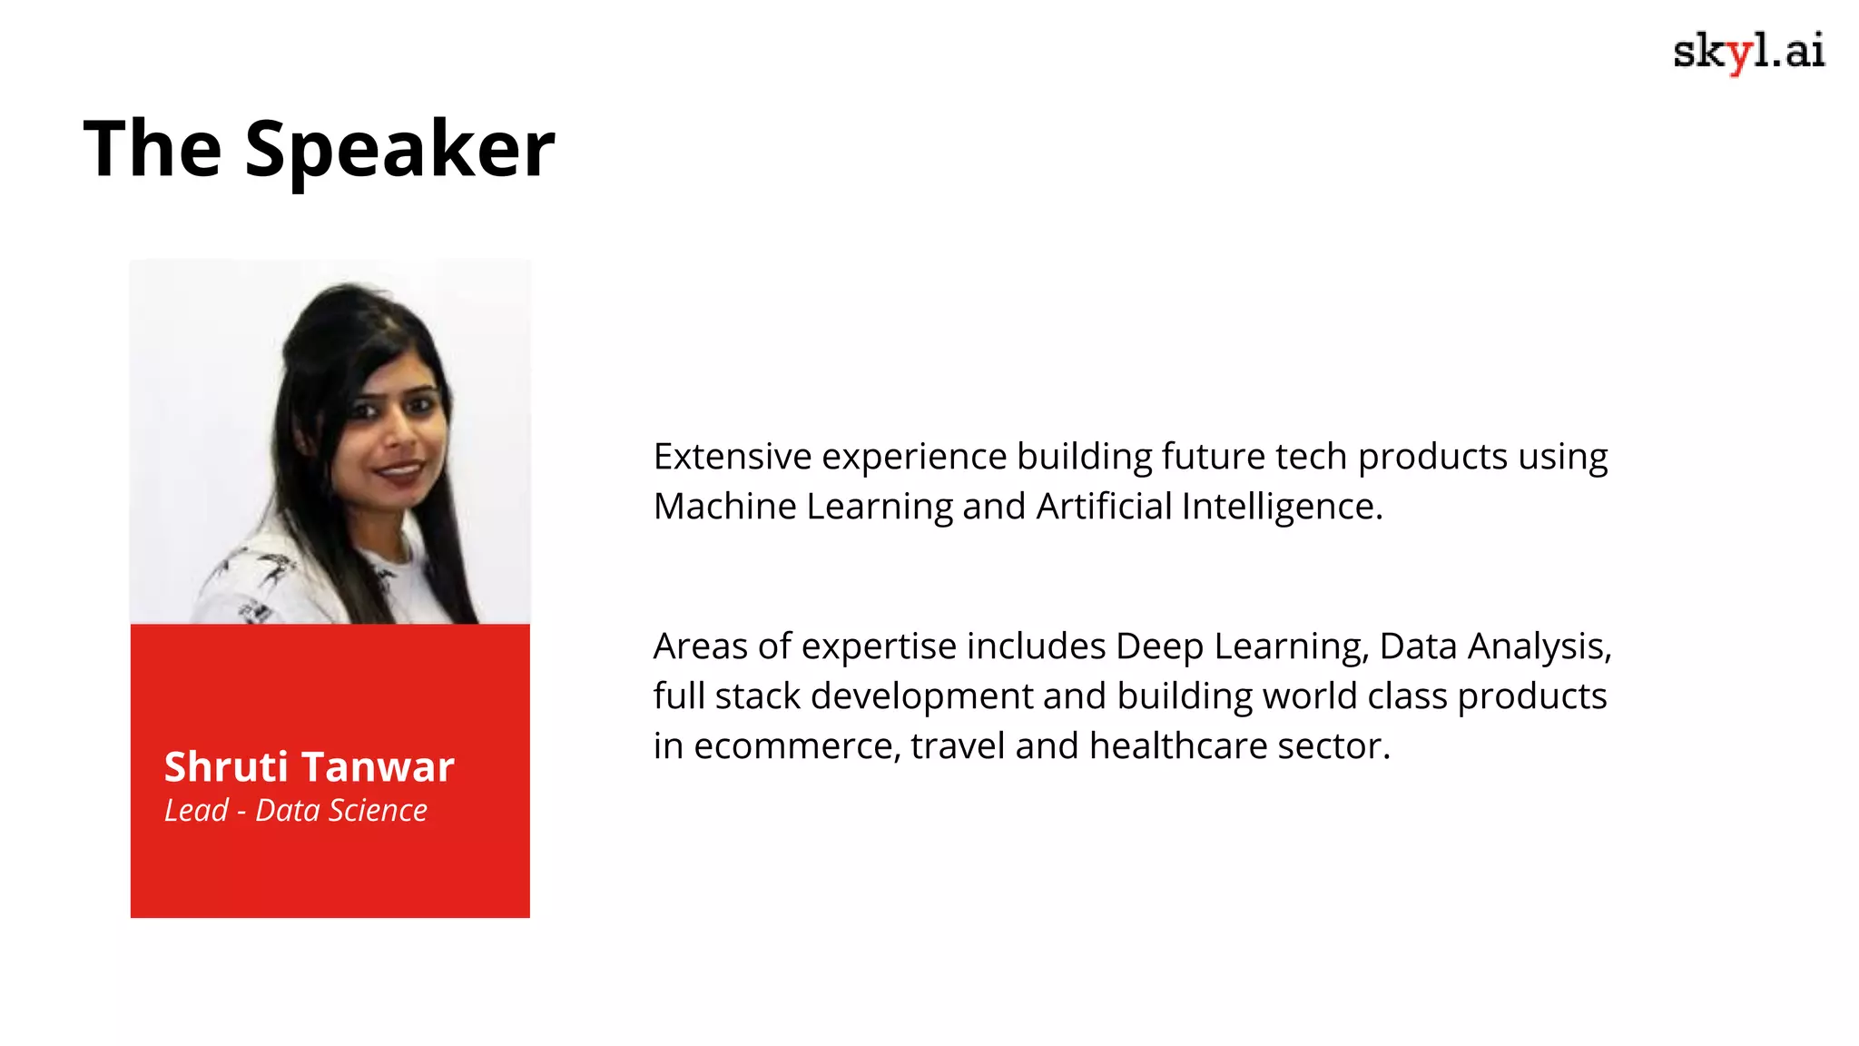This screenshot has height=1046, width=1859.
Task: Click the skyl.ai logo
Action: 1748,52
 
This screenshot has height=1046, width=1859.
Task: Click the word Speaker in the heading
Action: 399,149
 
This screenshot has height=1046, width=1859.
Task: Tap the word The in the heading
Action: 152,149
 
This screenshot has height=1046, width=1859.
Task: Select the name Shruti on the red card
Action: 226,767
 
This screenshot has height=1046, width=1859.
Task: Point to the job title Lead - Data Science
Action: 295,810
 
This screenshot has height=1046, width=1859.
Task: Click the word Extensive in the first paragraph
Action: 733,457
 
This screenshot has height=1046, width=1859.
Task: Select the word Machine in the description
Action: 724,507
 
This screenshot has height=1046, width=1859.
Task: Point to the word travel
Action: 958,746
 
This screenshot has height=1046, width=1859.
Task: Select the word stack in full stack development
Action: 758,696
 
